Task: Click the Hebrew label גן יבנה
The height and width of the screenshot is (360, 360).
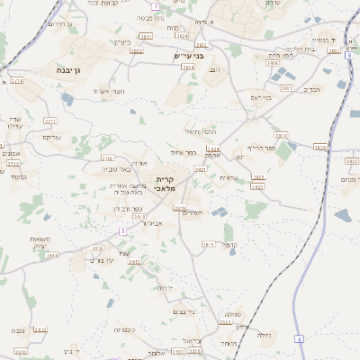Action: [62, 68]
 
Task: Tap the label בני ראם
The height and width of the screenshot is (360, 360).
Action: [260, 96]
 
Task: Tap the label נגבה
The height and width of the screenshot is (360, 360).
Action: [18, 331]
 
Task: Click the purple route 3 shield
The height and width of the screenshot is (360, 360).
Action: [122, 231]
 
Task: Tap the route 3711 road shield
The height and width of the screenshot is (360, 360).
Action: [49, 120]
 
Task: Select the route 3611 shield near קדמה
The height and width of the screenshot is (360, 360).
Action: [208, 244]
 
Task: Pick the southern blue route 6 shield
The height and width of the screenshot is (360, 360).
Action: [299, 338]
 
